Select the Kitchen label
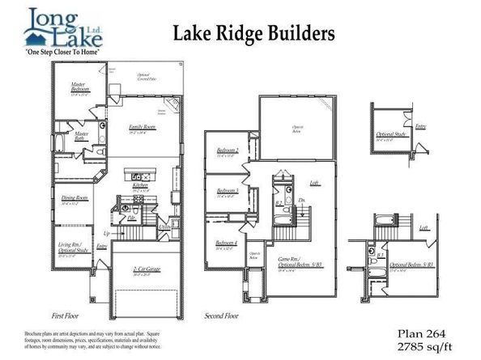[x=138, y=185]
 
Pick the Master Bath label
[x=81, y=136]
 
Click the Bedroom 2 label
[x=228, y=152]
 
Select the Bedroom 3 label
[x=226, y=192]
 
